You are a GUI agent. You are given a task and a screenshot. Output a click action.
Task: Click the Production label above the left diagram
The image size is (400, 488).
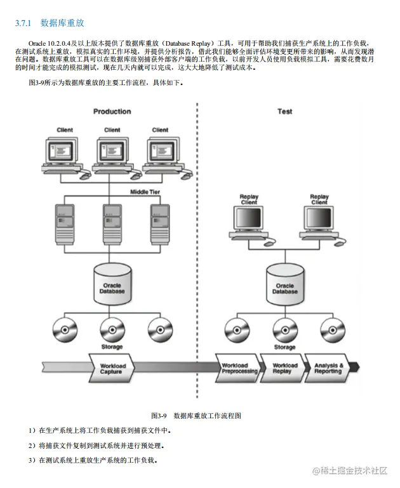(112, 112)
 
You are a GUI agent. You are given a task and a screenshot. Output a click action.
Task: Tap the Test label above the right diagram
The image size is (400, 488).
(284, 112)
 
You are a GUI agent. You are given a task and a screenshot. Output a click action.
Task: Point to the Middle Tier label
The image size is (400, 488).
(149, 191)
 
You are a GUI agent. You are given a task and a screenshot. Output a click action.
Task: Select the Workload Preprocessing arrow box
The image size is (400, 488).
(239, 369)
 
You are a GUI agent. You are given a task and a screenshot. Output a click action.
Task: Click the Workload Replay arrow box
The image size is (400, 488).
(284, 369)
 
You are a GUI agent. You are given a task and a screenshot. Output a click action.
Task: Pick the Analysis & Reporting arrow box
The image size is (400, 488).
(328, 369)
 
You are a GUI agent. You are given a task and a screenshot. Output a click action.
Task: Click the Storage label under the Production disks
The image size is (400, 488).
(112, 347)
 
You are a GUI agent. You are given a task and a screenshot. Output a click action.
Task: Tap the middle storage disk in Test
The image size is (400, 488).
(284, 328)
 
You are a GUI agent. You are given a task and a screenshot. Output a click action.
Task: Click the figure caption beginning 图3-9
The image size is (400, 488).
(196, 416)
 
